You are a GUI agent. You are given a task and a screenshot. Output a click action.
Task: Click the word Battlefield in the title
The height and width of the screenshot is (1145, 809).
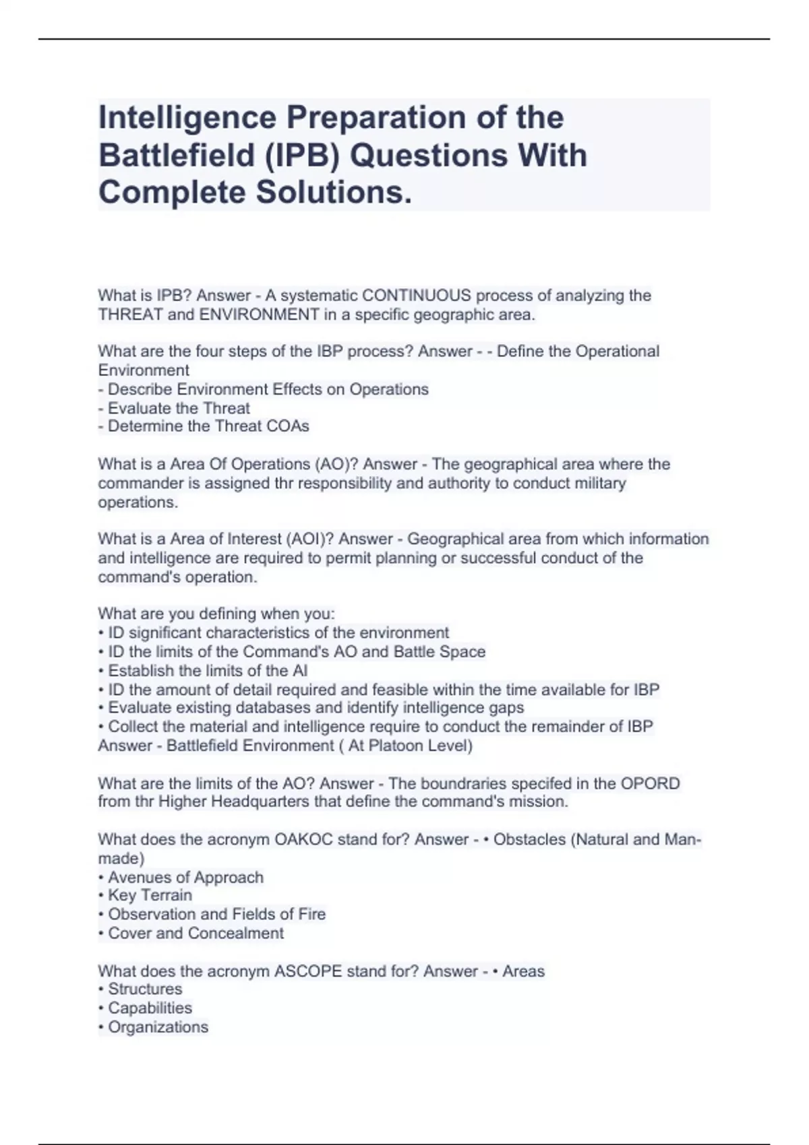(x=173, y=156)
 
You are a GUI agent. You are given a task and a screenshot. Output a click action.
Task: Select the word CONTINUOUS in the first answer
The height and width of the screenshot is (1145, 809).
(x=416, y=296)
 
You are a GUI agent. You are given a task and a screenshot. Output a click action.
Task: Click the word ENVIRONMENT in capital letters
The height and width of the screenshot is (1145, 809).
(x=259, y=315)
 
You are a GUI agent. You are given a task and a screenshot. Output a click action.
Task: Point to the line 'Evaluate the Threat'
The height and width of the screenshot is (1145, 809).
(x=179, y=408)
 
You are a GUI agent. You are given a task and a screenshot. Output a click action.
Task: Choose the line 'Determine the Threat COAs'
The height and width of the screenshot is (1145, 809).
(x=208, y=426)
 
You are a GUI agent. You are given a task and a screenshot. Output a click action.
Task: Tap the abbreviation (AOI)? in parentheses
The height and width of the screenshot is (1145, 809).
(x=310, y=539)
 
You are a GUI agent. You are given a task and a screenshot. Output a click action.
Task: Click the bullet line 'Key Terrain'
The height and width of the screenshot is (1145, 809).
(x=150, y=895)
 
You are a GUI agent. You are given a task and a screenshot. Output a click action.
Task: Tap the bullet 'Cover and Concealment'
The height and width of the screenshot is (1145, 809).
(x=196, y=934)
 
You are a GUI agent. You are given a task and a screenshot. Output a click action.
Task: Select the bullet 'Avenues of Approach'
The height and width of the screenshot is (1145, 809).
(x=185, y=878)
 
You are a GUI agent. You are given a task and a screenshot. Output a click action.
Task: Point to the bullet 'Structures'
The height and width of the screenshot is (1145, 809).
(x=145, y=989)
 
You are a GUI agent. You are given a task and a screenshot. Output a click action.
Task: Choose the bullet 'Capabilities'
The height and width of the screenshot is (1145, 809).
(x=150, y=1008)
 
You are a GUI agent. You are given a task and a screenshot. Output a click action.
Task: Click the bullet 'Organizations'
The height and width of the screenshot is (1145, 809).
(x=158, y=1027)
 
